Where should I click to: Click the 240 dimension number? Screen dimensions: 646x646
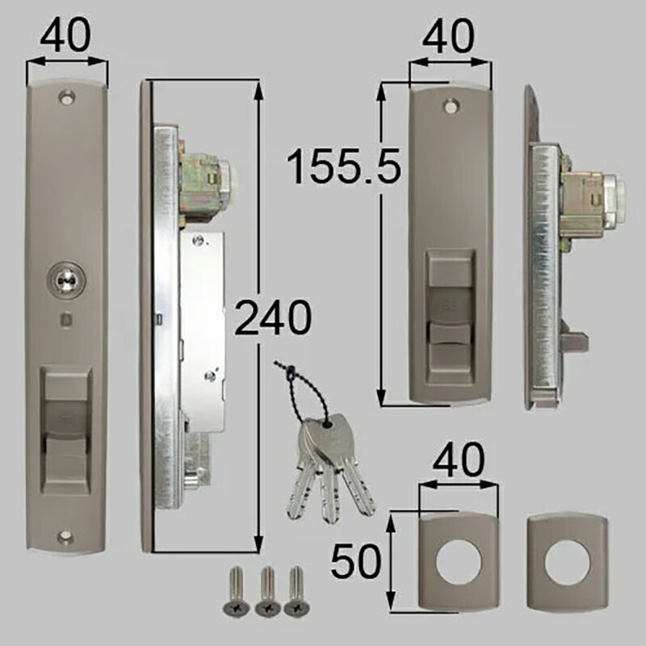click(x=273, y=317)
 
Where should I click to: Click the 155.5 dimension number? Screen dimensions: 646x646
click(x=344, y=167)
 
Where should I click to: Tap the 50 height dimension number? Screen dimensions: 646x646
click(x=356, y=560)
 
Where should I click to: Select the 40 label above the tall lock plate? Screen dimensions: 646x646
click(x=65, y=35)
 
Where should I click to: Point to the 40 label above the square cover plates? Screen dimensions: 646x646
click(x=459, y=459)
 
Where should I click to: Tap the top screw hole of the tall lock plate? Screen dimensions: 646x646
click(x=66, y=98)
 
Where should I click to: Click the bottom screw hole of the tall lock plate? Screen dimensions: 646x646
click(x=65, y=536)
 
